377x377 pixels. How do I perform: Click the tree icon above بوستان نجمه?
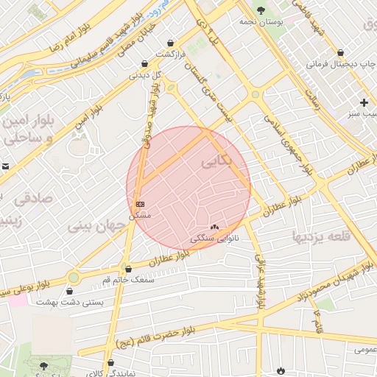click(x=261, y=10)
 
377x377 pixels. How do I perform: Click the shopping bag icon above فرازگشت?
click(x=172, y=43)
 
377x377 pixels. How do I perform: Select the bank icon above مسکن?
click(x=140, y=203)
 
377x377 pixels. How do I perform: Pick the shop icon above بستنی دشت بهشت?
click(x=69, y=291)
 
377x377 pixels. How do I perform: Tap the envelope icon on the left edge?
click(x=4, y=167)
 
